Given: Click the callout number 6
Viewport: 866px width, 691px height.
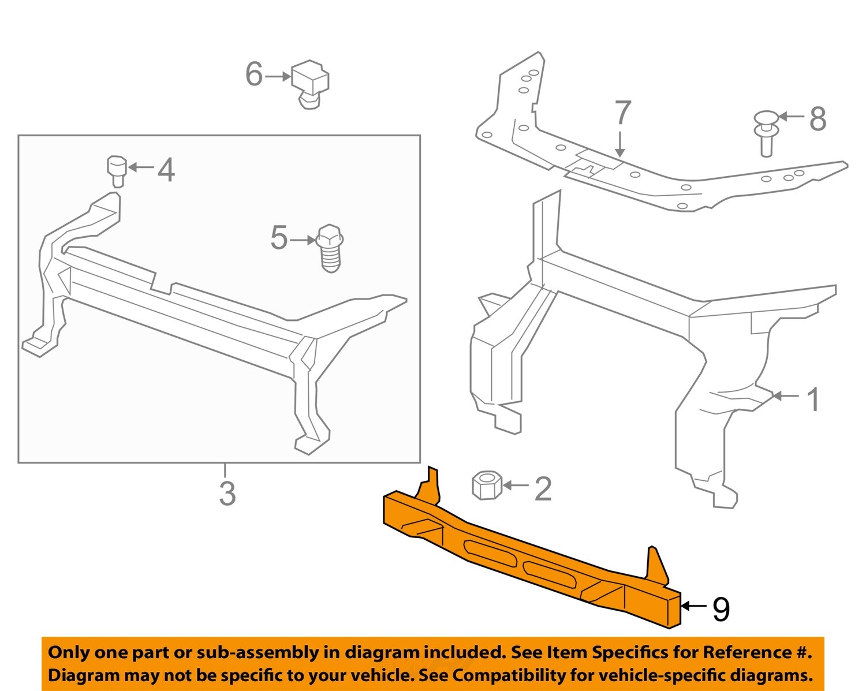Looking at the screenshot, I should [x=254, y=74].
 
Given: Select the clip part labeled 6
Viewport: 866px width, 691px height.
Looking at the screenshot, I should [x=310, y=83].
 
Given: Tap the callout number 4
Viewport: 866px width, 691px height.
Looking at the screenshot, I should [x=166, y=170].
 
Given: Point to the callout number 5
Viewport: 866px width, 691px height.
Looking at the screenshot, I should [x=279, y=238].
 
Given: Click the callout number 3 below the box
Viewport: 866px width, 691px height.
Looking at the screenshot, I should [x=227, y=494].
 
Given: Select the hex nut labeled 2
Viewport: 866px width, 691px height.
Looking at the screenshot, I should [x=487, y=485].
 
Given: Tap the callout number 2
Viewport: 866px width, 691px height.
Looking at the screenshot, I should [x=543, y=489].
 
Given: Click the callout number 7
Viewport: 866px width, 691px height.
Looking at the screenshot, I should [x=622, y=113].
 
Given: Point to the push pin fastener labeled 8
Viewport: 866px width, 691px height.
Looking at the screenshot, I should [x=766, y=132].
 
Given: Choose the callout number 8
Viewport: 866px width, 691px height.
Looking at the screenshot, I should [x=818, y=119].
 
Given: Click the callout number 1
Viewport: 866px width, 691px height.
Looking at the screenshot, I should [x=813, y=399].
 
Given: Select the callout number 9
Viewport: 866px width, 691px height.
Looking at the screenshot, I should [x=721, y=609].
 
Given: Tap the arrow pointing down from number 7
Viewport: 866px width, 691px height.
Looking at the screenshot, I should [x=620, y=144].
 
